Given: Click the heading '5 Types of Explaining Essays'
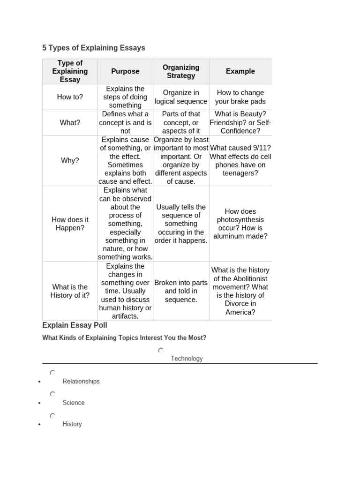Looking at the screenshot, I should [94, 48].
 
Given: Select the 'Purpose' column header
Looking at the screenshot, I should [125, 71].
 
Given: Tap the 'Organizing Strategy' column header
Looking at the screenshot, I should [181, 71].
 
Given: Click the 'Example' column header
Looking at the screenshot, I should [240, 71].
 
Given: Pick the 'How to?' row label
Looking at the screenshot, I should [70, 97].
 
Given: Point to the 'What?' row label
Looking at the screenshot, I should [70, 122].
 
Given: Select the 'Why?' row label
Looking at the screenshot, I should [70, 160].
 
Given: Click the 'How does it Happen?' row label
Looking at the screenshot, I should [70, 224].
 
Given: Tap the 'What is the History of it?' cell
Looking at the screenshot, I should [70, 291].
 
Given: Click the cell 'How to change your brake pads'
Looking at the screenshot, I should [240, 97].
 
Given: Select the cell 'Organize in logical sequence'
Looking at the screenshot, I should [181, 97].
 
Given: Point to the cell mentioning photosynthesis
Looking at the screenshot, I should [240, 224].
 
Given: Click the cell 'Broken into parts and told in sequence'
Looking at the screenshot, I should [181, 291].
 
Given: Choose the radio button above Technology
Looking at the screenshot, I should [161, 350].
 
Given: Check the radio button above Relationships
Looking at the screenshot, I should [52, 373].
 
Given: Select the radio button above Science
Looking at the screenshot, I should [52, 394].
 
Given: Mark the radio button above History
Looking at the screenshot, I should [52, 416].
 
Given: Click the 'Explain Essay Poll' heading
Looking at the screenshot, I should [75, 325].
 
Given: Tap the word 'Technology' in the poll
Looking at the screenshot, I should [187, 359].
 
